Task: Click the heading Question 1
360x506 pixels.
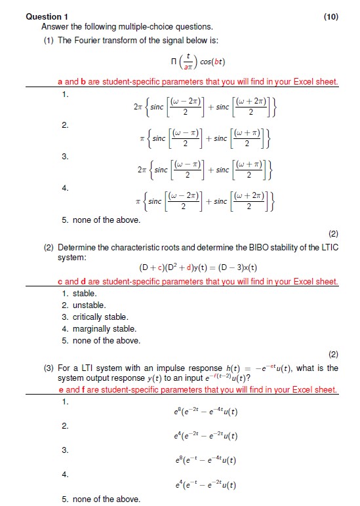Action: tap(47, 16)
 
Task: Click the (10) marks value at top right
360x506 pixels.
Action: tap(331, 16)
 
